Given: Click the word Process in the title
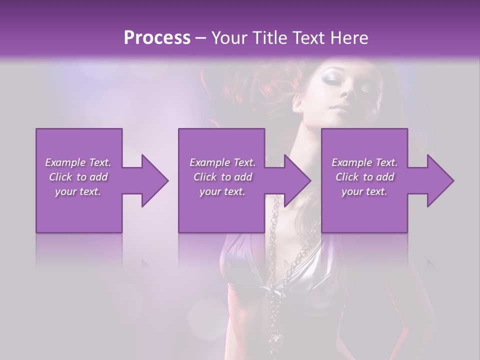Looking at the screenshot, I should click(x=157, y=38).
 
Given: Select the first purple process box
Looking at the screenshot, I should click(x=79, y=210).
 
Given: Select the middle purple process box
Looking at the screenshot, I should click(x=221, y=210).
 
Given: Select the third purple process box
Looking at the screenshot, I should click(x=364, y=210).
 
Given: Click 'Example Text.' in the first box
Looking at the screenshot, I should click(x=78, y=162).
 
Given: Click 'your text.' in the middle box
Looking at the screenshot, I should click(x=222, y=191).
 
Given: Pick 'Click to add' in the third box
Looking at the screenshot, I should click(x=364, y=177).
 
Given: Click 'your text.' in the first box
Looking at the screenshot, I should click(x=78, y=191).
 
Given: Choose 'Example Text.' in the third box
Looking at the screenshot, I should click(x=364, y=162).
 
